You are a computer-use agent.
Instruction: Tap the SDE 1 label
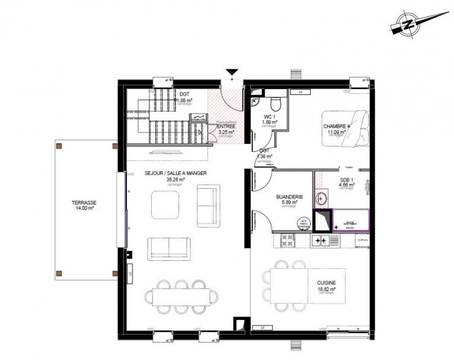click(346, 180)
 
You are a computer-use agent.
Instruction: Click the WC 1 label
click(270, 117)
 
